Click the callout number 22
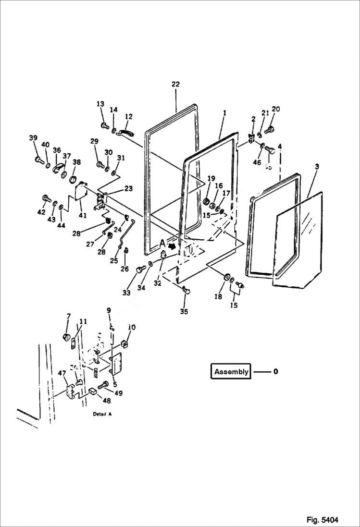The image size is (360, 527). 175,85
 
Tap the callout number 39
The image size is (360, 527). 33,138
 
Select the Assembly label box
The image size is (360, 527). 231,371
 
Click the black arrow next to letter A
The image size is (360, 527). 172,245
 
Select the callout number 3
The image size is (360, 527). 317,166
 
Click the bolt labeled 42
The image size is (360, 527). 47,197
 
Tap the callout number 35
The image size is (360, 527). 184,312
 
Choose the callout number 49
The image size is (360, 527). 118,393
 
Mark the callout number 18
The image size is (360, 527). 218,297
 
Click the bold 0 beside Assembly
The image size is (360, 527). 275,371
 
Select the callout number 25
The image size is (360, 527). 114,261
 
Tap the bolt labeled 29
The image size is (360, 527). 100,165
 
